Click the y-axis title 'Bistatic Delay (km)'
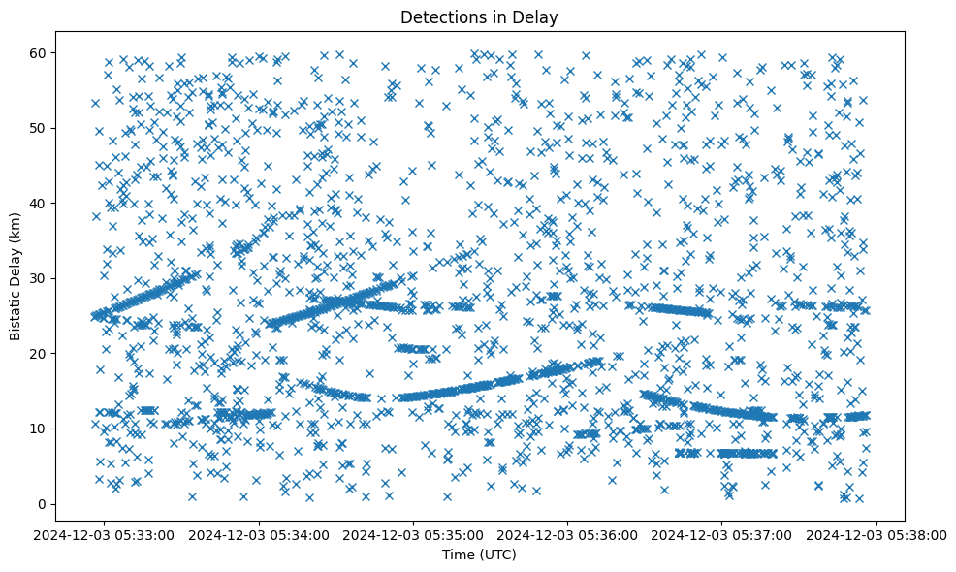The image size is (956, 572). click(16, 278)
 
